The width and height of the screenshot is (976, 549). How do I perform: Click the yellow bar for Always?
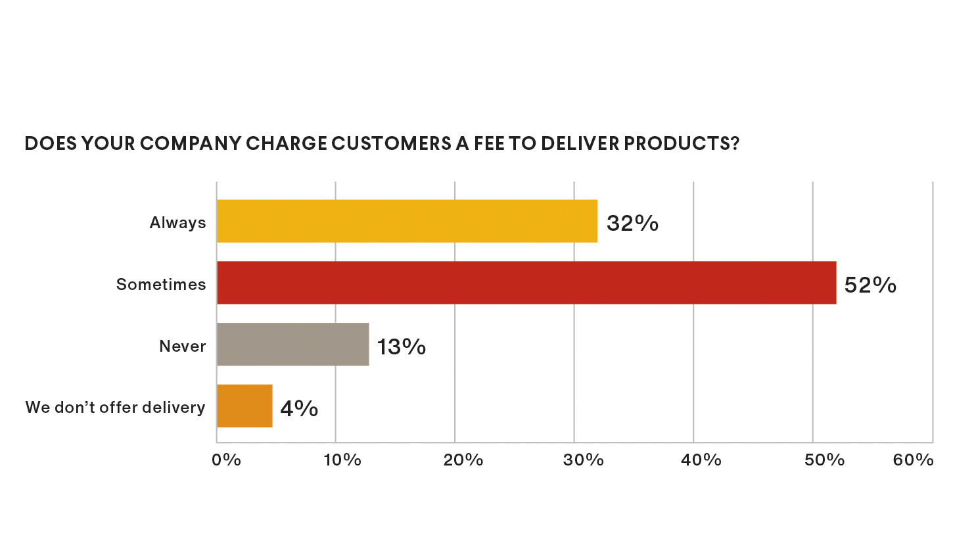pyautogui.click(x=407, y=221)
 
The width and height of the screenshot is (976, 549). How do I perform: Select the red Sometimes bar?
pyautogui.click(x=526, y=283)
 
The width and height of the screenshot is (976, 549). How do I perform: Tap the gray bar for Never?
pyautogui.click(x=292, y=345)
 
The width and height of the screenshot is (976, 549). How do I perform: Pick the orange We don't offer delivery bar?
pyautogui.click(x=244, y=406)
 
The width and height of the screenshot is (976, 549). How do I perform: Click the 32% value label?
pyautogui.click(x=632, y=224)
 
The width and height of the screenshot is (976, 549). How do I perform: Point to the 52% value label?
pyautogui.click(x=870, y=285)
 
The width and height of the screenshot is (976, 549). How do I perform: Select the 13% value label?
pyautogui.click(x=401, y=346)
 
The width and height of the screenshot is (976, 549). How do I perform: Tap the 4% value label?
pyautogui.click(x=299, y=408)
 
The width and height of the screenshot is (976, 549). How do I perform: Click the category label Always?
pyautogui.click(x=177, y=223)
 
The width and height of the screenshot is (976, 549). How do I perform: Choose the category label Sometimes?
pyautogui.click(x=161, y=285)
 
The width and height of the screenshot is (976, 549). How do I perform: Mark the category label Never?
pyautogui.click(x=183, y=346)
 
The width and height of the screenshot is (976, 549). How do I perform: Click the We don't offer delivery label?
pyautogui.click(x=115, y=408)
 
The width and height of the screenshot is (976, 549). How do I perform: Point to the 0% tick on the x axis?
pyautogui.click(x=226, y=460)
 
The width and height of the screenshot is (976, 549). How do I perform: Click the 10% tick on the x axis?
pyautogui.click(x=342, y=460)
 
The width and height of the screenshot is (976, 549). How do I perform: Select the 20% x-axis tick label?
pyautogui.click(x=463, y=460)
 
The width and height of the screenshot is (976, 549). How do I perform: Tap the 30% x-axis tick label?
pyautogui.click(x=583, y=460)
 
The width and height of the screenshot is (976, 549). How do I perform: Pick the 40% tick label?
pyautogui.click(x=701, y=460)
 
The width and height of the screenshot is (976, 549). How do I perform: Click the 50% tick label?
pyautogui.click(x=824, y=460)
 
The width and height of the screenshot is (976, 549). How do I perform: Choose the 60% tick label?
pyautogui.click(x=913, y=460)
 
